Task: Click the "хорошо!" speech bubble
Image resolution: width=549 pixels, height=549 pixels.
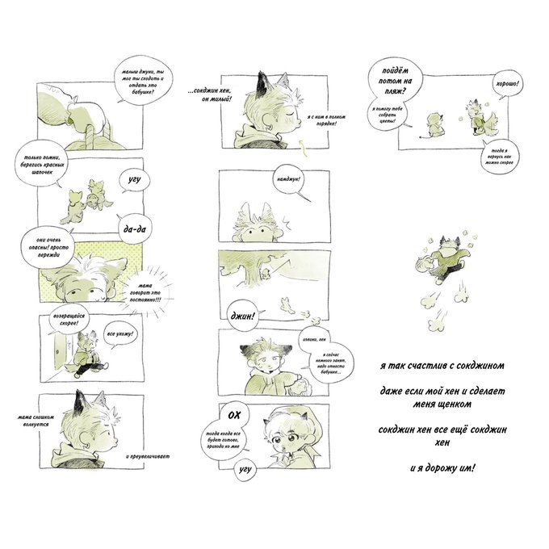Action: coord(508,83)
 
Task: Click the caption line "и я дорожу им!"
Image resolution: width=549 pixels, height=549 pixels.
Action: coord(442,467)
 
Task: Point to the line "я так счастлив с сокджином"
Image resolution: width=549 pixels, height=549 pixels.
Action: coord(442,365)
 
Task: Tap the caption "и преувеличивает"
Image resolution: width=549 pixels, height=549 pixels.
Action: coord(151,455)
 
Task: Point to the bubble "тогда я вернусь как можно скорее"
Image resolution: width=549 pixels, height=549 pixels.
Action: coord(495,153)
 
